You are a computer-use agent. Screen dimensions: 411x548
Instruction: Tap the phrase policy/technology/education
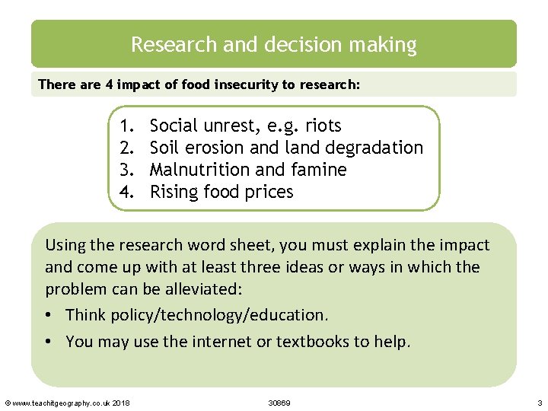219,315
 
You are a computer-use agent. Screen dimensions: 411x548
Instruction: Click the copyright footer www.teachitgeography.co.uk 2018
68,402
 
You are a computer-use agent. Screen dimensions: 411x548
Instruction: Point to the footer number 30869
279,402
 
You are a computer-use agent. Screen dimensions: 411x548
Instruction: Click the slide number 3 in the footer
539,402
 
